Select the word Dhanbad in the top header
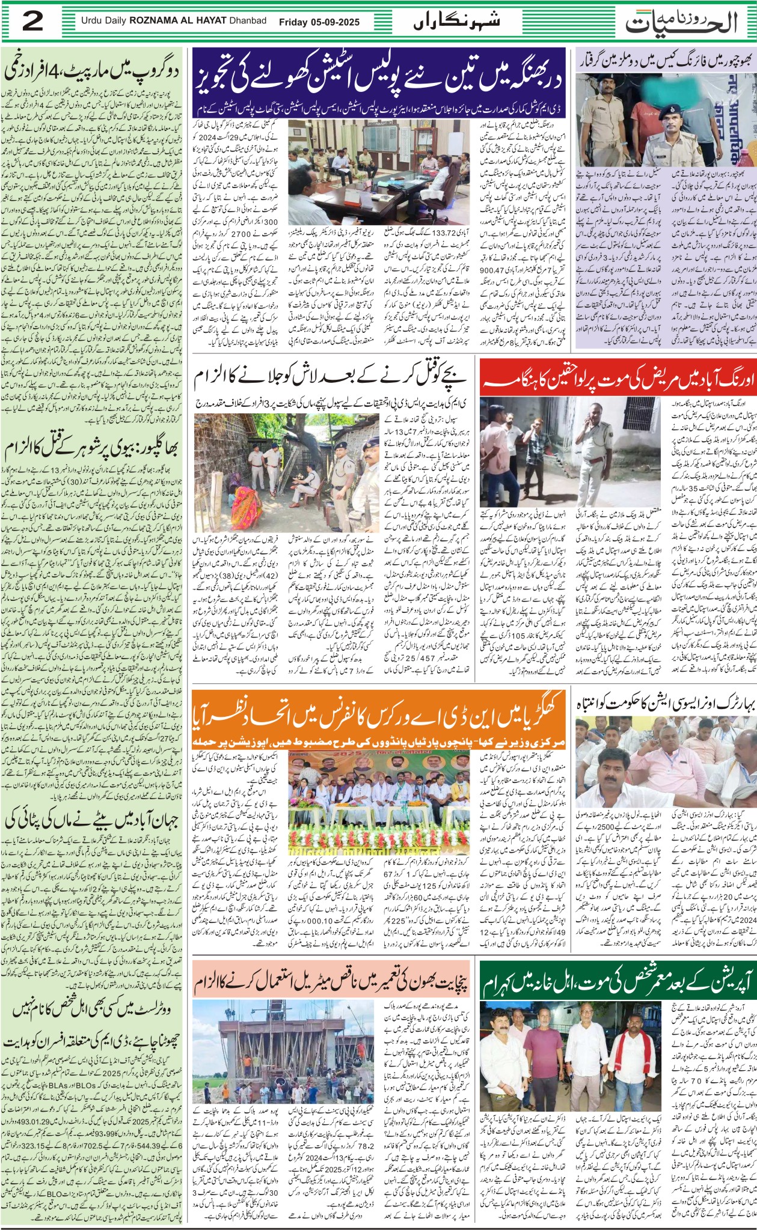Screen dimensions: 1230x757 point(246,21)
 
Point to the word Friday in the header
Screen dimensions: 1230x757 point(293,22)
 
